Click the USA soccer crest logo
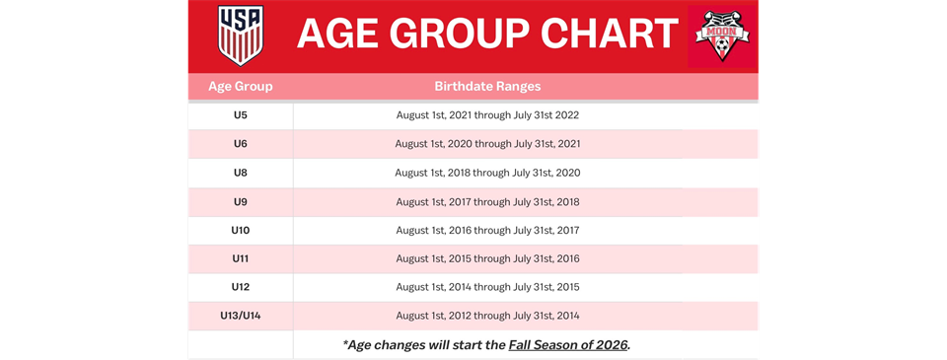coord(241,36)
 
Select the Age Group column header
coord(241,87)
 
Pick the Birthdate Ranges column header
coord(487,87)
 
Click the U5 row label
coord(241,115)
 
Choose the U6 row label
coord(241,144)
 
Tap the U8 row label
coord(241,173)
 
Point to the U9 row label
coord(241,201)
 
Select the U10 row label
coord(241,230)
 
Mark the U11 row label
coord(241,258)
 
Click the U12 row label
coord(241,287)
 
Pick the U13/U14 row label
coord(241,316)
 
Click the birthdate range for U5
coord(487,115)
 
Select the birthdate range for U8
coord(487,173)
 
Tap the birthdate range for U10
coord(487,230)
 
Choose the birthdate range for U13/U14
coord(487,316)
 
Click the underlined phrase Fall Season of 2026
coord(568,345)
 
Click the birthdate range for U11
coord(487,258)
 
